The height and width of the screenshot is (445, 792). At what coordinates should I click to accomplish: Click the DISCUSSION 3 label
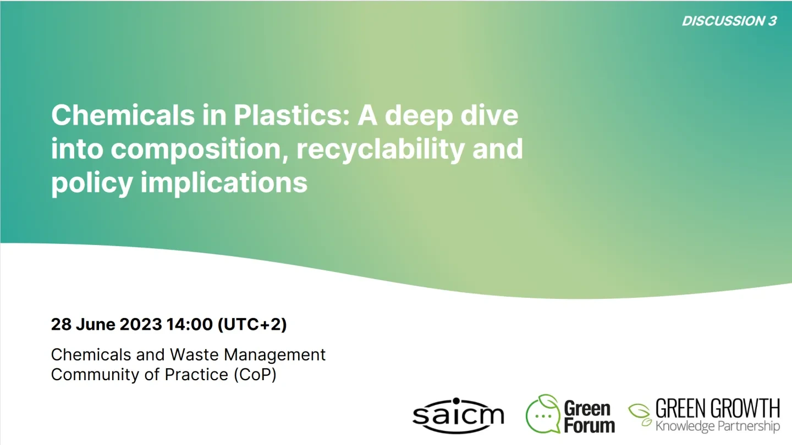click(x=729, y=21)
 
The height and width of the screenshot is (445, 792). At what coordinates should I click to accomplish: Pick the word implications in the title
click(x=224, y=182)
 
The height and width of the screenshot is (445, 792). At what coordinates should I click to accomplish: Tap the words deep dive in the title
click(x=451, y=115)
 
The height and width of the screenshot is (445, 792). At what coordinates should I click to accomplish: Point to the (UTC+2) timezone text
click(x=252, y=324)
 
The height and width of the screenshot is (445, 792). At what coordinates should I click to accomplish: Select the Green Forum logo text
click(x=589, y=417)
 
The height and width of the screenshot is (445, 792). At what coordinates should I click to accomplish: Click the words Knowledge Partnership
click(x=717, y=426)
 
